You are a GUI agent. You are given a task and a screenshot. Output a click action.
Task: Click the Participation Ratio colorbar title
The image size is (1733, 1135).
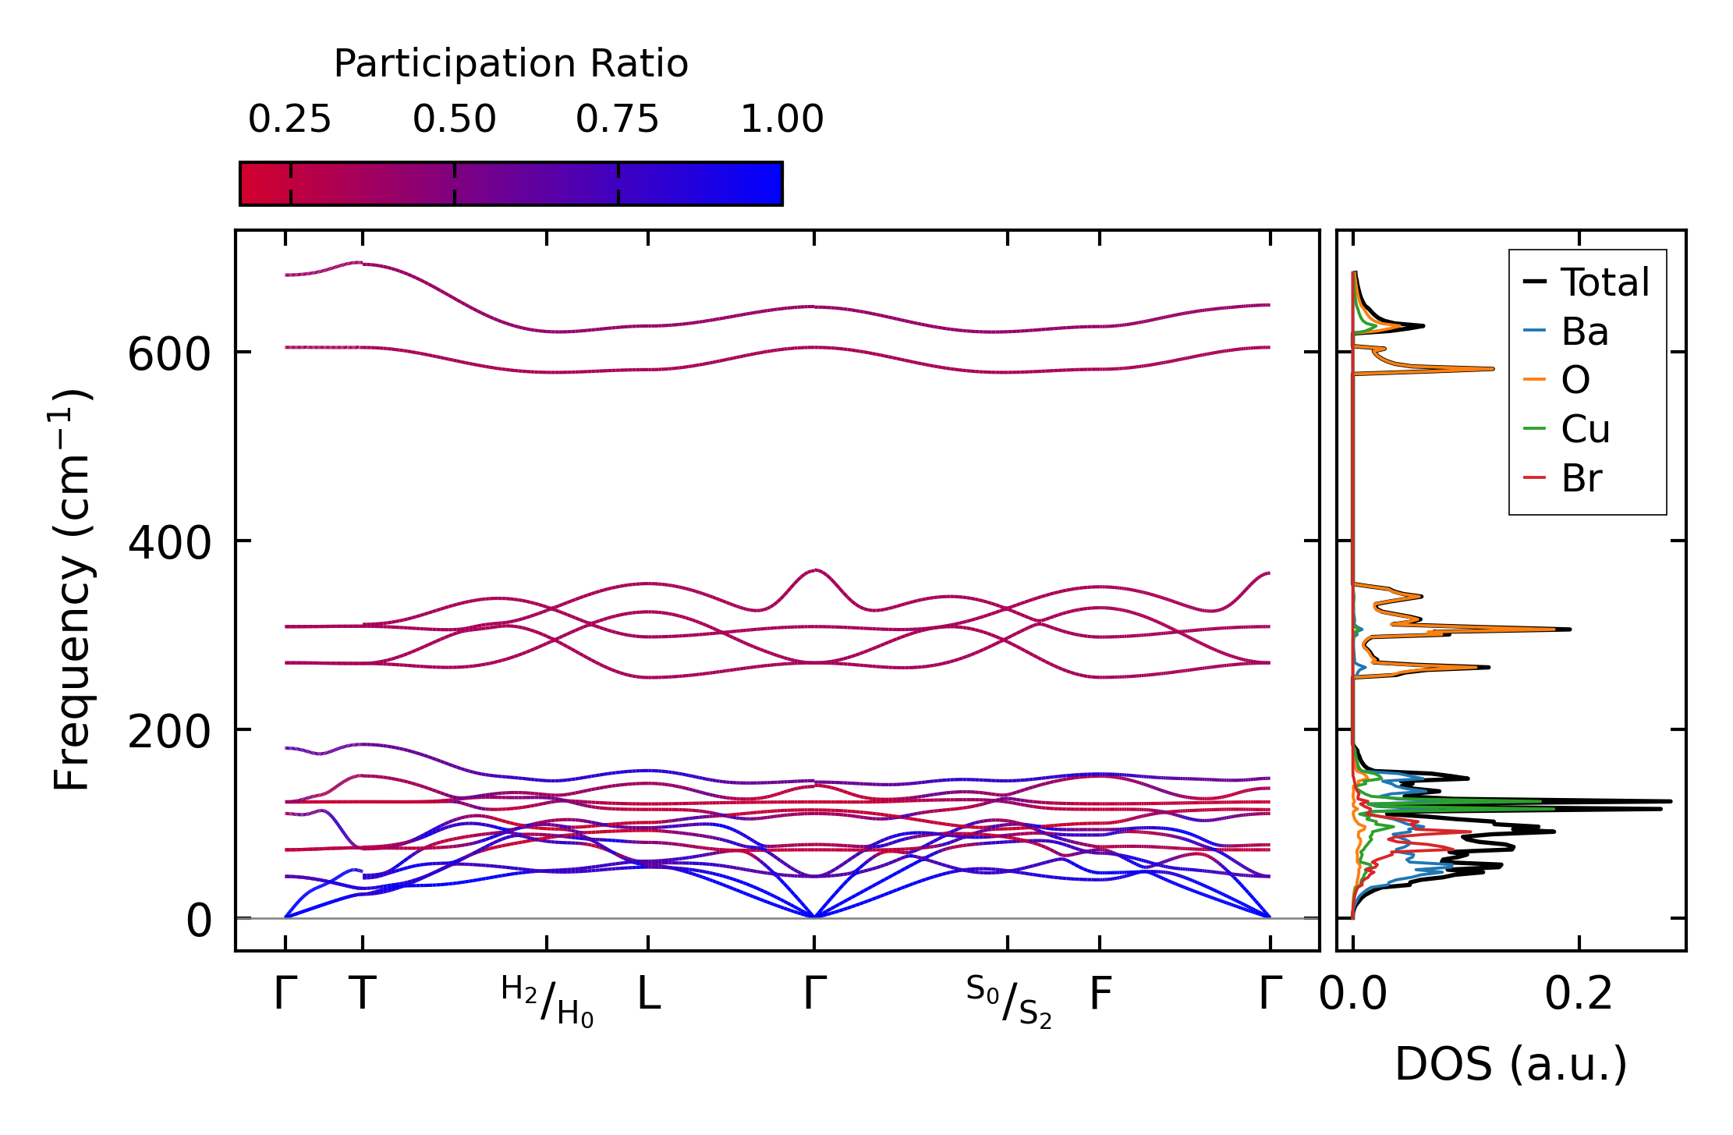coord(511,64)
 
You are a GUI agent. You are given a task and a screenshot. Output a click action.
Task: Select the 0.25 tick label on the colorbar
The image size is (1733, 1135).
coord(289,119)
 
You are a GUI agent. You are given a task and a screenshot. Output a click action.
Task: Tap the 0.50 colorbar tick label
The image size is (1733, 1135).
coord(454,119)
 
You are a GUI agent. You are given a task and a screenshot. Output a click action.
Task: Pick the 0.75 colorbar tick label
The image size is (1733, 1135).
coord(617,119)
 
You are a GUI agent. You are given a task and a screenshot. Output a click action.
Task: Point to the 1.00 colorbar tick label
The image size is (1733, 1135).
coord(781,119)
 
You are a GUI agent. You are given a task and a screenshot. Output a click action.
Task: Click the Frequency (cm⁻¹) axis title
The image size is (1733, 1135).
coord(73,590)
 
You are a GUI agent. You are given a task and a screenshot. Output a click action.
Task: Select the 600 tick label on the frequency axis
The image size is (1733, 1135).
coord(169,356)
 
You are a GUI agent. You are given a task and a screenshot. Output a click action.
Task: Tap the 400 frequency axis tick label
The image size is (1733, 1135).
coord(169,543)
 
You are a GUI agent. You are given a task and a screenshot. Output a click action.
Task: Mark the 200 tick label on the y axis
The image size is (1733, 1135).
coord(169,732)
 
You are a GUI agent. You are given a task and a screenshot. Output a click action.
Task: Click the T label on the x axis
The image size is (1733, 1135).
coord(363,995)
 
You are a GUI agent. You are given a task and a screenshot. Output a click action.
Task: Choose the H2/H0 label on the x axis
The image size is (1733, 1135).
coord(547,1002)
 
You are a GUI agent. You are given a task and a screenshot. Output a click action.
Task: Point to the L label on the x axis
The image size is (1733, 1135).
coord(649,995)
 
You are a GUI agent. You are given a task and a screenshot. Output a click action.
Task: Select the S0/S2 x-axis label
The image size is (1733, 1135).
coord(1008,1002)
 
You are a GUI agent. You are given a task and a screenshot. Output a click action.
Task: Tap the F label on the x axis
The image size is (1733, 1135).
coord(1100,995)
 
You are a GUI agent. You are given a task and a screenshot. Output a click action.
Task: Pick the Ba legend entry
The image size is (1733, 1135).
coord(1584,332)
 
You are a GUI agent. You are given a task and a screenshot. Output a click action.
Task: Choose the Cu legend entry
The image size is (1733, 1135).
coord(1585,429)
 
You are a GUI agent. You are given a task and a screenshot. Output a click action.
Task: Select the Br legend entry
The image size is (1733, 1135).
coord(1581,478)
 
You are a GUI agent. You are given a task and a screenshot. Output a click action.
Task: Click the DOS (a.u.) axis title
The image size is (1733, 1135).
coord(1511,1065)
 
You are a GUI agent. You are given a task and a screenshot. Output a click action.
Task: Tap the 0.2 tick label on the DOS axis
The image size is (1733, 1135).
coord(1579,995)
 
